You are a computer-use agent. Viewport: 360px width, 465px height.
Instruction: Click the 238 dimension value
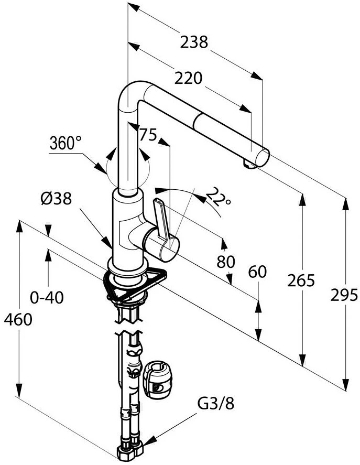[x=193, y=42]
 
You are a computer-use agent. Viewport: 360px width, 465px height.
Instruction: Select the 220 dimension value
[x=188, y=78]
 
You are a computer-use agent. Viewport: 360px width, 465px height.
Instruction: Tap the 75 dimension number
[x=148, y=135]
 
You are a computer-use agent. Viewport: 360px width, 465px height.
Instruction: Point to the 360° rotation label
[x=66, y=143]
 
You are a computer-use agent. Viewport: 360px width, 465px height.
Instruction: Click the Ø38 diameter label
[x=56, y=199]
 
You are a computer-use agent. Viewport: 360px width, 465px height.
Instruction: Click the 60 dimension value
[x=257, y=272]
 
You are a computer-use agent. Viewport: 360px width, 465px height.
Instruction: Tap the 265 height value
[x=301, y=280]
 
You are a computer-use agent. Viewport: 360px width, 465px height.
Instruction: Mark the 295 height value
[x=344, y=294]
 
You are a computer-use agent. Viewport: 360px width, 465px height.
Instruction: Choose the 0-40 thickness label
[x=47, y=298]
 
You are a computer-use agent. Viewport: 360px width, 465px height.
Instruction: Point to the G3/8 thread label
[x=216, y=403]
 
